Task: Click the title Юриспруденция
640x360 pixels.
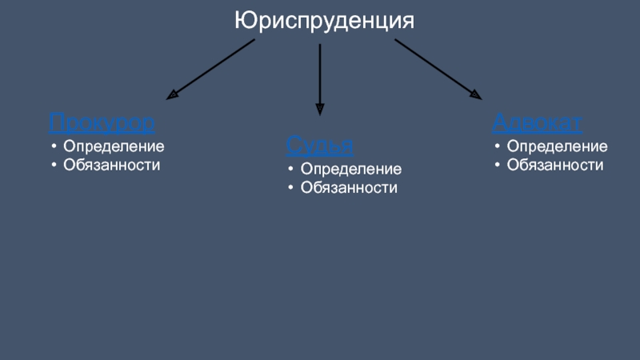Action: pyautogui.click(x=324, y=19)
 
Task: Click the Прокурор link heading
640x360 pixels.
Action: pyautogui.click(x=102, y=122)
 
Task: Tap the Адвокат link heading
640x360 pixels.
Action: pyautogui.click(x=537, y=122)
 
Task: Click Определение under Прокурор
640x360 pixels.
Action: pyautogui.click(x=114, y=147)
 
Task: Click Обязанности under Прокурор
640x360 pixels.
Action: pyautogui.click(x=112, y=165)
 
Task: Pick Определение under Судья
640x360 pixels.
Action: pyautogui.click(x=350, y=170)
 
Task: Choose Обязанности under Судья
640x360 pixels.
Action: pyautogui.click(x=349, y=188)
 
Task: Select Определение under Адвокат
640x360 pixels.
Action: pyautogui.click(x=557, y=147)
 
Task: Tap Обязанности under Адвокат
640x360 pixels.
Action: pyautogui.click(x=555, y=165)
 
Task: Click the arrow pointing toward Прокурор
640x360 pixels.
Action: pyautogui.click(x=212, y=70)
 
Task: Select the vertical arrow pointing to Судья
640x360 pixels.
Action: pyautogui.click(x=320, y=76)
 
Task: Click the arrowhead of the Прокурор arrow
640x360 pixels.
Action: pyautogui.click(x=172, y=96)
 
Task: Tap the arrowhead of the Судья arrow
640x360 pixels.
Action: pyautogui.click(x=320, y=110)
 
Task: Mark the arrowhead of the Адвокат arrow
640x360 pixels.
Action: pyautogui.click(x=476, y=94)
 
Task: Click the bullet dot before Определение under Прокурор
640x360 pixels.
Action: pyautogui.click(x=53, y=147)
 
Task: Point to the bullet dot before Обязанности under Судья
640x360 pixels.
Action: pyautogui.click(x=290, y=188)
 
